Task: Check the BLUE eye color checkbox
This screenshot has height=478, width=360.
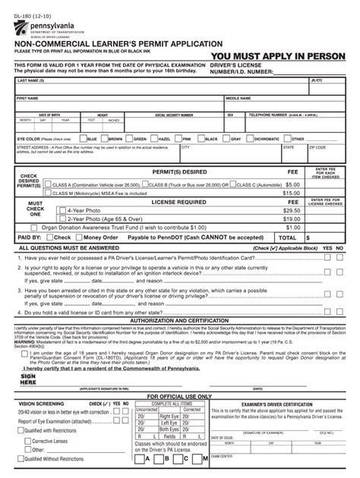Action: coord(83,140)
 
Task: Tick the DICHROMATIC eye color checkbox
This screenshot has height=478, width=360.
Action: coord(249,140)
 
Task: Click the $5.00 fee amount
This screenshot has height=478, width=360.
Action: coord(292,184)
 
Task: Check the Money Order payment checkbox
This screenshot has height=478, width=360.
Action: coord(77,237)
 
